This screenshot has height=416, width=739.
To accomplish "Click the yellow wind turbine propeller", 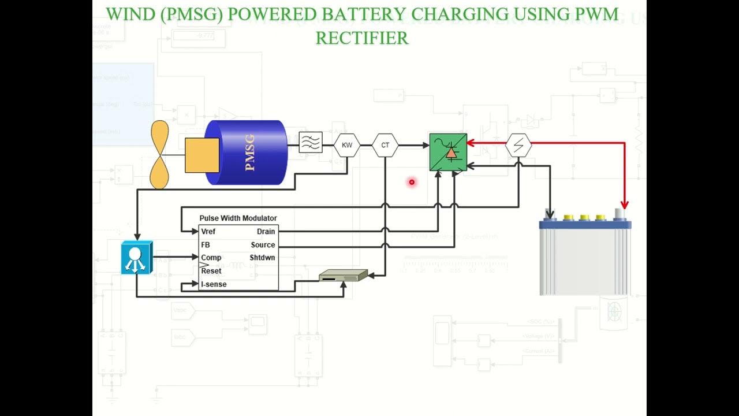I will coord(159,155).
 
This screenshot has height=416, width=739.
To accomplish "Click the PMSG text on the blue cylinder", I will coord(249,153).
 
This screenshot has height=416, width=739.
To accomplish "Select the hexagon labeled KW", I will coord(346,145).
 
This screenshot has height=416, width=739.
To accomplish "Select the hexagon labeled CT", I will coord(385,145).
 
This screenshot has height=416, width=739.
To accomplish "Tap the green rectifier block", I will coord(448,152).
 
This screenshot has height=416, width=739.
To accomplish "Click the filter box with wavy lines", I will coord(311,142).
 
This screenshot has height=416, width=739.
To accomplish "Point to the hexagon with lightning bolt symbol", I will coord(518,145).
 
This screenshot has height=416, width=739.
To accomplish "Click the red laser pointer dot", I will coord(412,182).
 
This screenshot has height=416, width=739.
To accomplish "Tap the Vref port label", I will coord(208,232).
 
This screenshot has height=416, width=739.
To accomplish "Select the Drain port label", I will coord(266,232).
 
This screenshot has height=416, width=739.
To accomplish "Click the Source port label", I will coord(263,245).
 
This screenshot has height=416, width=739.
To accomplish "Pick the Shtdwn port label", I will coord(262,258).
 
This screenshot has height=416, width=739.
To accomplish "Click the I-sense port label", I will coord(214,284).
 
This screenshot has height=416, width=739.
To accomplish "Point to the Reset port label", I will coord(211,271).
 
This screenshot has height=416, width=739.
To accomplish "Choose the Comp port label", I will coord(211,258).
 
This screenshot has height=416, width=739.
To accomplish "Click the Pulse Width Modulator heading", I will coord(238,218).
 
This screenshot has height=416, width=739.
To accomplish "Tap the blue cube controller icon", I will coord(137,258).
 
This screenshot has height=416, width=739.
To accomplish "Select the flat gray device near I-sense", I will coord(343,276).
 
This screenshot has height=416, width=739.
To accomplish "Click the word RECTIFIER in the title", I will coord(362,38).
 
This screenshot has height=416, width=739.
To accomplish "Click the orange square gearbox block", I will coord(202,155).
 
